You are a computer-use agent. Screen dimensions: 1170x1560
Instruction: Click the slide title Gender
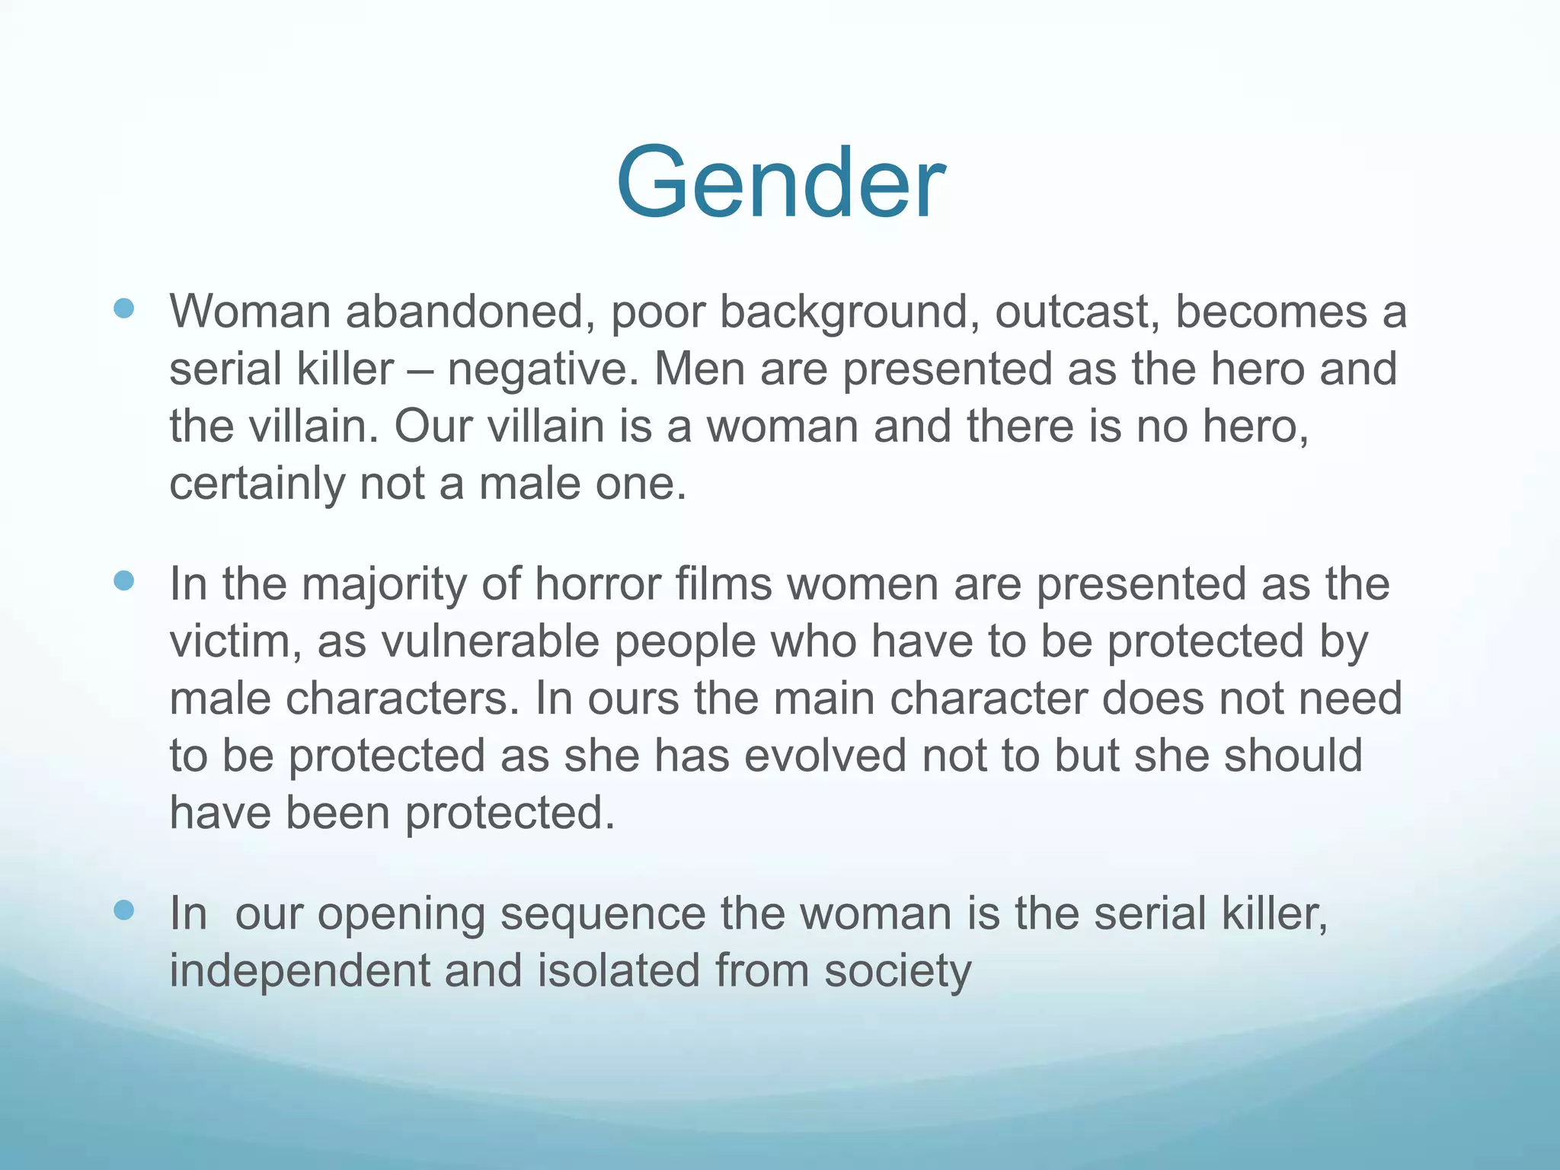[x=780, y=183]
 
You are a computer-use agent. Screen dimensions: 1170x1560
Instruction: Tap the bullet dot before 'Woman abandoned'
[x=123, y=308]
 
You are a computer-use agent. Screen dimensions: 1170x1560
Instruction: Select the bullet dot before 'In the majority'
[x=123, y=581]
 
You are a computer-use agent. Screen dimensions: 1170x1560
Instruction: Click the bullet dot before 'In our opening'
[x=123, y=909]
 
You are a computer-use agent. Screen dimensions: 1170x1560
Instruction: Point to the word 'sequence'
[x=602, y=914]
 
